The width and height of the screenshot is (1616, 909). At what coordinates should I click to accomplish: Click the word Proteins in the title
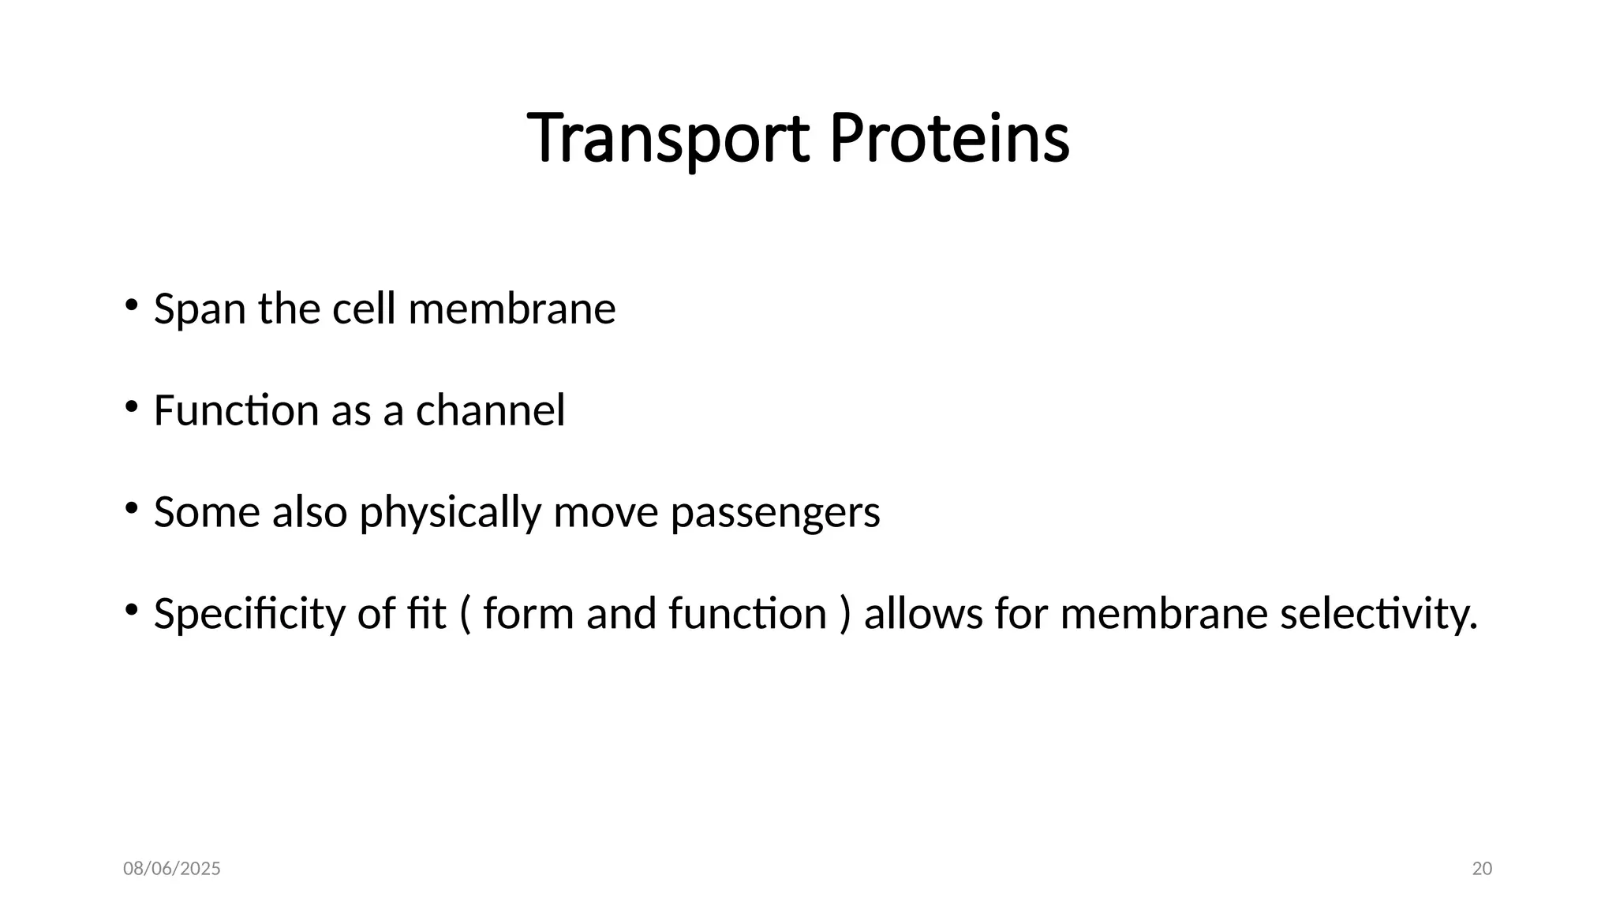949,139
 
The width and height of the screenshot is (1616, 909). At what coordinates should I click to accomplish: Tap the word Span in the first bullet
200,309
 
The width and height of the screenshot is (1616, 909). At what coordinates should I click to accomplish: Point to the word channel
490,410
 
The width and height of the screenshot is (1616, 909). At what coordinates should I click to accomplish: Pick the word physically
450,513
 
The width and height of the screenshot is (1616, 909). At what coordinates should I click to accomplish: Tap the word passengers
775,513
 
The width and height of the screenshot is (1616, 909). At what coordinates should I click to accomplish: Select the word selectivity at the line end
1378,615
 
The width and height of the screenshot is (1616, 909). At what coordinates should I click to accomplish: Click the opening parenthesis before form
465,615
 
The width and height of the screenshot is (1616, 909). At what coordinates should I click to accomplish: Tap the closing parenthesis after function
846,615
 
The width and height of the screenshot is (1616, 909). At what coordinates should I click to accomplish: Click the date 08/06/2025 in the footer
172,869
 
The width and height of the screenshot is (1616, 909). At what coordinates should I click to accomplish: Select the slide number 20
1482,869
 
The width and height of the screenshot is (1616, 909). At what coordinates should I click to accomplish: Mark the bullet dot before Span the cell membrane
131,305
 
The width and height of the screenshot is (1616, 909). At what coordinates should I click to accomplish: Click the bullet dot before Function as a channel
131,406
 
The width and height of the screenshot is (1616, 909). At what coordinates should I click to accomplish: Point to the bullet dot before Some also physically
131,508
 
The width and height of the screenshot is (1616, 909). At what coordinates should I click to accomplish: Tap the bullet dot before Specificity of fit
131,610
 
